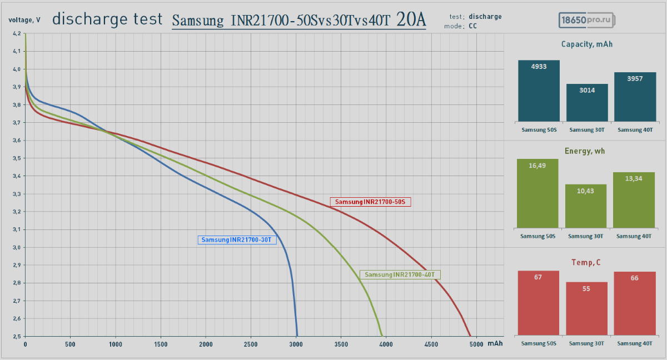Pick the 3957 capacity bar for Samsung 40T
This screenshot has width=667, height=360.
tap(635, 97)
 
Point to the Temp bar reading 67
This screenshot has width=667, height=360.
tap(537, 303)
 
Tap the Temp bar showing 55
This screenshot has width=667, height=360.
tap(586, 308)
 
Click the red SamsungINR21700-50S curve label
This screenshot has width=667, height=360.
tap(370, 202)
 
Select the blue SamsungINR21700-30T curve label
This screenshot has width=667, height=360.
tap(237, 240)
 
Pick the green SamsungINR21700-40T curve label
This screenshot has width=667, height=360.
tap(400, 274)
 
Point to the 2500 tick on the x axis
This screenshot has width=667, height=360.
tap(251, 344)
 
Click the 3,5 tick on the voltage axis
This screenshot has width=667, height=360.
tap(17, 158)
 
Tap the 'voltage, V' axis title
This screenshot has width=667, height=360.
tap(24, 20)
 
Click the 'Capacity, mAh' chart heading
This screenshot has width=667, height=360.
tap(586, 44)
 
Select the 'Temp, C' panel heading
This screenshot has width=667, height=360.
tap(586, 262)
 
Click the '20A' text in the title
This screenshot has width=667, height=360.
tap(412, 20)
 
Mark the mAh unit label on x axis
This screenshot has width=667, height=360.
tap(495, 344)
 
